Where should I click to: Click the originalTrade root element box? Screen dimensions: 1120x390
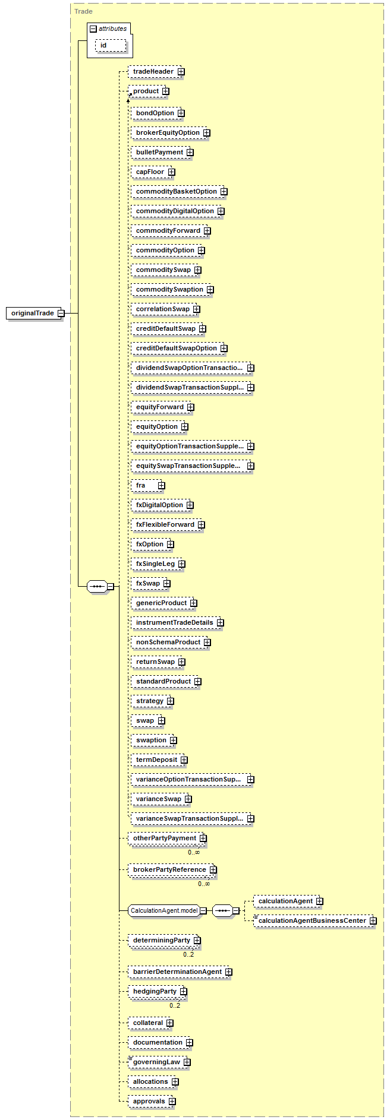[33, 313]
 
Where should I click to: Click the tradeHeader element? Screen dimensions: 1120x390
[153, 72]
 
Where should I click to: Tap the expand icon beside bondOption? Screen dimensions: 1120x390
[181, 113]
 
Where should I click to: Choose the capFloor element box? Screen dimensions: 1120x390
[150, 172]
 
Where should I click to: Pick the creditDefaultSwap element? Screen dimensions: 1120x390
[165, 328]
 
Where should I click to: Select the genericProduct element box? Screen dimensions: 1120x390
[161, 603]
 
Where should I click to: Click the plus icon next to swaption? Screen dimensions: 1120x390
[174, 741]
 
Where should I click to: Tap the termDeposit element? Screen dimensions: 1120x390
[156, 760]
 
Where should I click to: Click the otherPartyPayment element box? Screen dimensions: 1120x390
[164, 839]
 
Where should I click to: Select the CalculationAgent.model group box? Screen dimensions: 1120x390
[163, 910]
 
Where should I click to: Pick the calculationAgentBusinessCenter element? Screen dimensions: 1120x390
[312, 921]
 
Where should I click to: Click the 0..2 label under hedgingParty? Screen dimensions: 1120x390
[175, 1005]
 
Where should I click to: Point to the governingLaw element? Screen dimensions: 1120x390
[156, 1062]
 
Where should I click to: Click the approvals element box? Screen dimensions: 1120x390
[149, 1101]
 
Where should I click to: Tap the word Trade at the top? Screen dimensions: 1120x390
[84, 11]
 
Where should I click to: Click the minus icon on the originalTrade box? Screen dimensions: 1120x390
[61, 313]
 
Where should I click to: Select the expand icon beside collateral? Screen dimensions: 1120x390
[170, 1023]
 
